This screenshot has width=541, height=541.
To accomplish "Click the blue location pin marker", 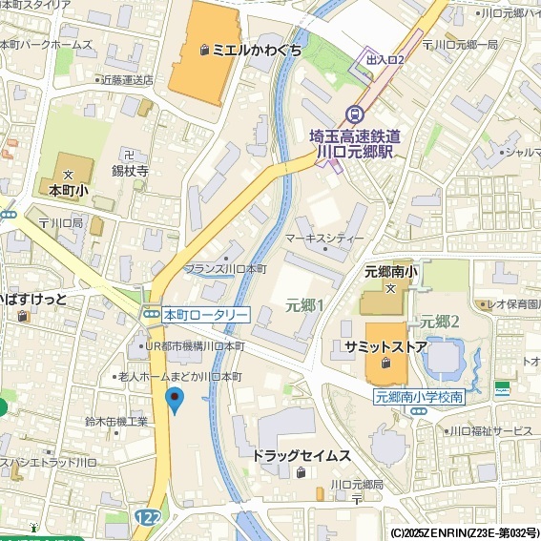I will pos(174,399).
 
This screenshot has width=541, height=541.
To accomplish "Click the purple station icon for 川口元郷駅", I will pos(356,114).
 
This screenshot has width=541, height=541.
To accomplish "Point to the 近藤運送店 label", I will pos(124,80).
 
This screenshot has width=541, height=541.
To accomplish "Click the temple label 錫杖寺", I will pos(131,171).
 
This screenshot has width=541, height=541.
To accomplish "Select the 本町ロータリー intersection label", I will pos(205,314).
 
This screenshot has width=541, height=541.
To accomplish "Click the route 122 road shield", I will pos(147,516).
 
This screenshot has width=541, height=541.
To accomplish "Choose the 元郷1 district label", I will pos(304,305).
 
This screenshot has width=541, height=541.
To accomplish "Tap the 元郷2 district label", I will pos(440,321).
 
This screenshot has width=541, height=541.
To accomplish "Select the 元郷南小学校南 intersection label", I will pos(419,396).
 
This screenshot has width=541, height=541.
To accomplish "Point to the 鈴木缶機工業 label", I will pos(116,421).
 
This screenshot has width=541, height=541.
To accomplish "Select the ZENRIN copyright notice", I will pos(465,532).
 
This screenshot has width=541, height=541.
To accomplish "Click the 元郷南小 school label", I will pos(390,272).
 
